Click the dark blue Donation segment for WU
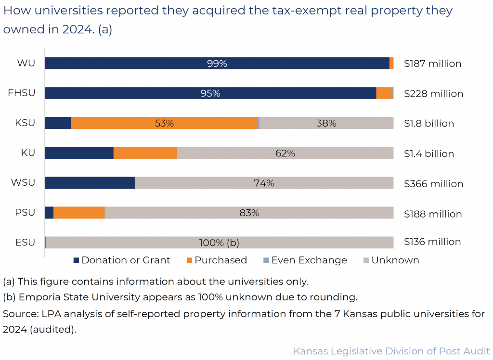click(x=144, y=64)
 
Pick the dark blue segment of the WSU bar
click(x=90, y=183)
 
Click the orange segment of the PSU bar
click(x=79, y=213)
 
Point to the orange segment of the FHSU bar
click(x=384, y=93)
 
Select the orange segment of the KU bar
click(x=145, y=153)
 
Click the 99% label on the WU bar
click(x=217, y=64)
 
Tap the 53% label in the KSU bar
click(x=164, y=123)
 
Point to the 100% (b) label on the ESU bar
click(x=219, y=243)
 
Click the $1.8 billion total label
click(x=429, y=123)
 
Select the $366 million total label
click(x=433, y=183)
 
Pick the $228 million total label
click(x=433, y=93)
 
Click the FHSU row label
click(x=22, y=93)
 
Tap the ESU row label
click(x=25, y=242)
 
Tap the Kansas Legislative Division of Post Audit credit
click(x=391, y=351)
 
